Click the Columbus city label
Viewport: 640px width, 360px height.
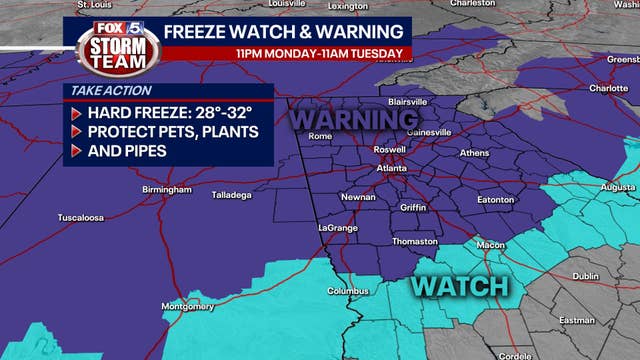(x=347, y=292)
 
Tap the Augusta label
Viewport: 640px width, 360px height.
(x=619, y=187)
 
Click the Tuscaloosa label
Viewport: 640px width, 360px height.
(x=56, y=217)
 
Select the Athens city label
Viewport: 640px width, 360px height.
(x=474, y=153)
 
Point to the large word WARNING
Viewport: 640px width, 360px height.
(x=353, y=120)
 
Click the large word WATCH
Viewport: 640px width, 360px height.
(x=460, y=286)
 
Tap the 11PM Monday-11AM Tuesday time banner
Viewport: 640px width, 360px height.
(x=319, y=53)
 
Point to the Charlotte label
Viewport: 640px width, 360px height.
(x=608, y=88)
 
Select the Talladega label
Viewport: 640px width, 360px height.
(x=231, y=195)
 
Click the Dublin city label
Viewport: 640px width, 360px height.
(x=585, y=277)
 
